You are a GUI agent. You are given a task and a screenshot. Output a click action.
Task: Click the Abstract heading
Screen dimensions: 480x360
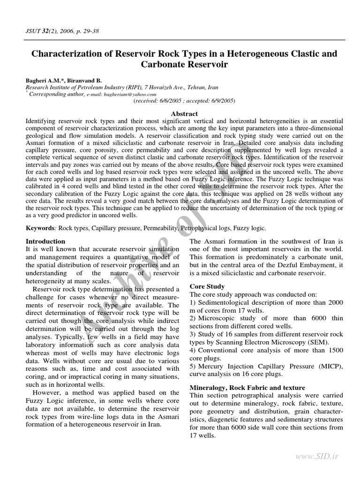coord(184,114)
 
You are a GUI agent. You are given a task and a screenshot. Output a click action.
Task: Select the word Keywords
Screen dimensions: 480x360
coord(40,228)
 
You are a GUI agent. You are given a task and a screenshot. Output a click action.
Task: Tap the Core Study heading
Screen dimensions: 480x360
coord(207,286)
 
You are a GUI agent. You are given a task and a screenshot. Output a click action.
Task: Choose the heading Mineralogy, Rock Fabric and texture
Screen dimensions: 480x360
coord(247,388)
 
